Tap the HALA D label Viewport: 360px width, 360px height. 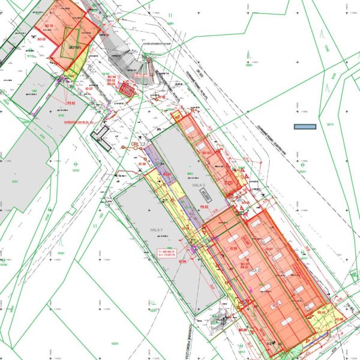point(199,186)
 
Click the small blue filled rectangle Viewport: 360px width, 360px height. point(305,127)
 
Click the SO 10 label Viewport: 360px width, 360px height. point(49,25)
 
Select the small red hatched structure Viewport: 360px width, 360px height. point(127,89)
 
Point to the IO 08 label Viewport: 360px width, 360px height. point(142,164)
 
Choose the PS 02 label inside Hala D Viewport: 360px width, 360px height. point(203,207)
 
